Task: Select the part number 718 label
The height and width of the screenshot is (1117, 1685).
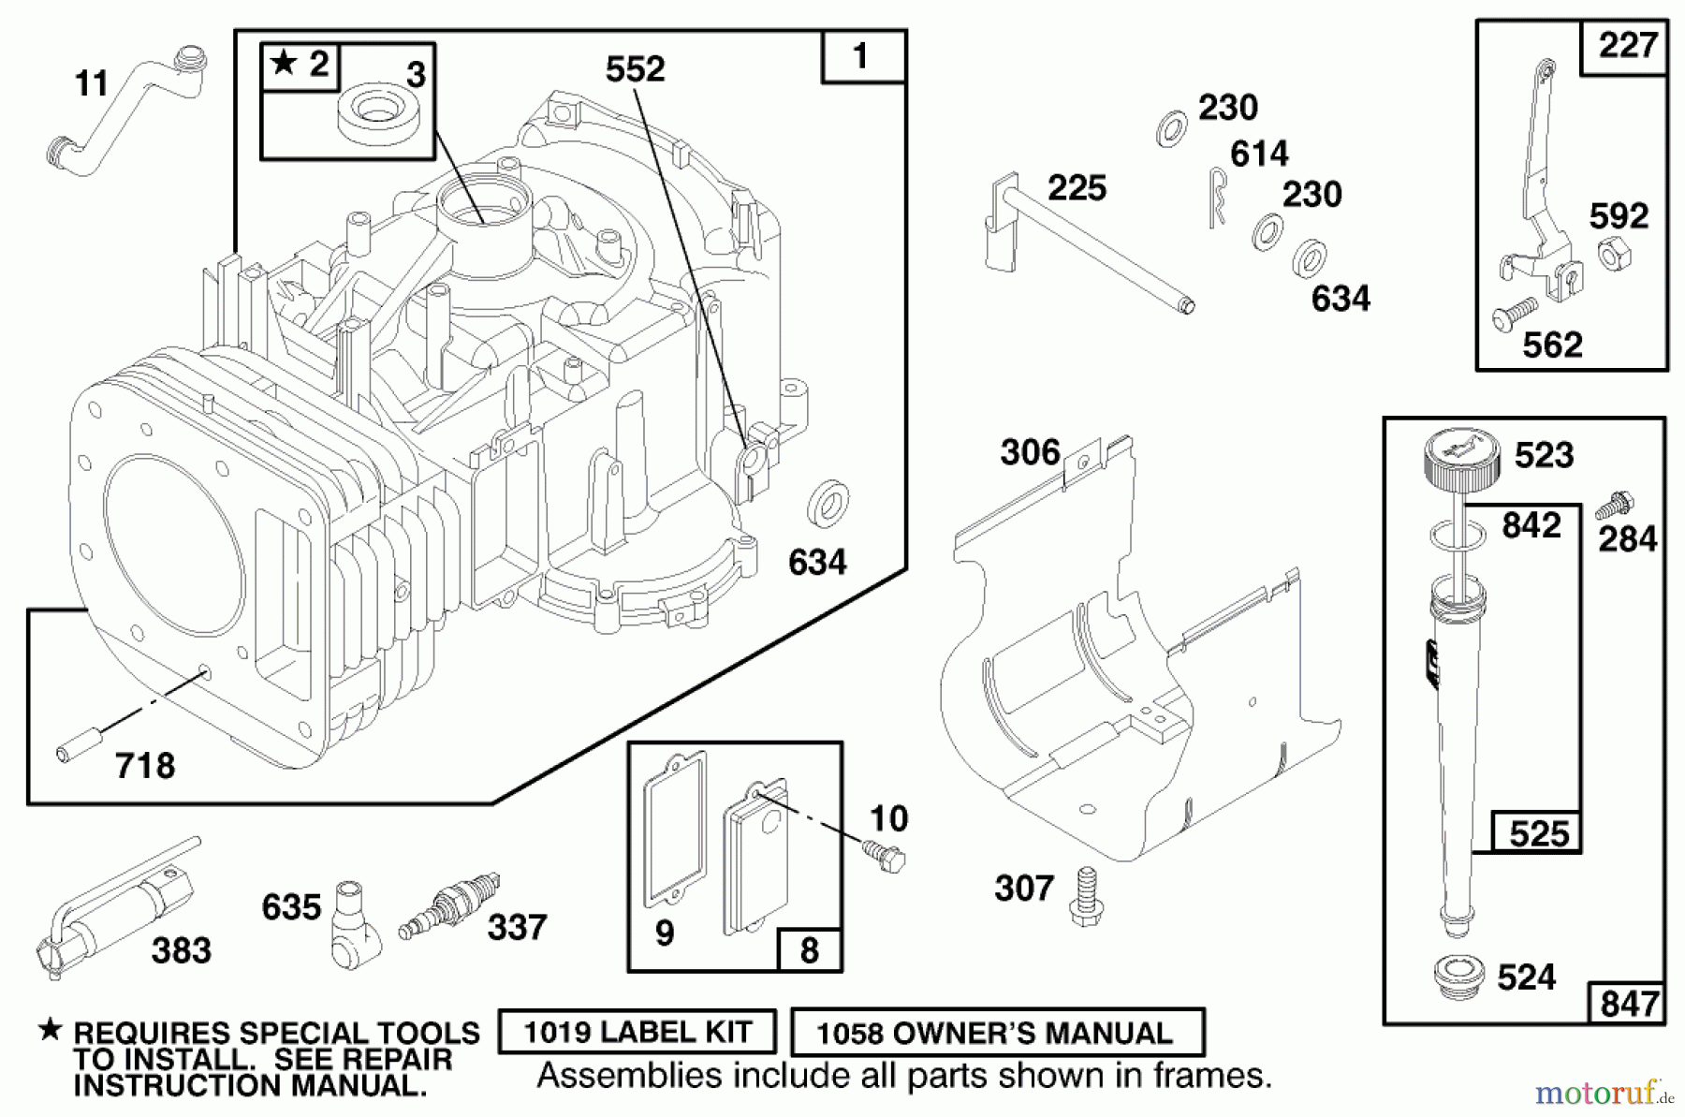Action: [145, 767]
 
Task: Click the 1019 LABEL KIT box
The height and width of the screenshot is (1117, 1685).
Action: [637, 1032]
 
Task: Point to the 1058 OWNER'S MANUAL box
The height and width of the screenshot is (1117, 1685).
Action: [997, 1033]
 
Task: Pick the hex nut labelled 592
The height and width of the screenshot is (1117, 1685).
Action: [1615, 252]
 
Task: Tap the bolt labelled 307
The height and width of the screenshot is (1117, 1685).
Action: [1085, 895]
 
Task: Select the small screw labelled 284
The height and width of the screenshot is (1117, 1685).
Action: [1614, 505]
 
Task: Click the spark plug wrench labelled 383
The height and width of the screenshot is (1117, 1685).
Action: [113, 912]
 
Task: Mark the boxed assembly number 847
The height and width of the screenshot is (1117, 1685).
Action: [1629, 1004]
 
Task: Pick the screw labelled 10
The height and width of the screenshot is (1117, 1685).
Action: [886, 856]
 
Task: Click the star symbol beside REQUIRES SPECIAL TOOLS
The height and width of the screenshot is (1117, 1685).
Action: [49, 1030]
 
